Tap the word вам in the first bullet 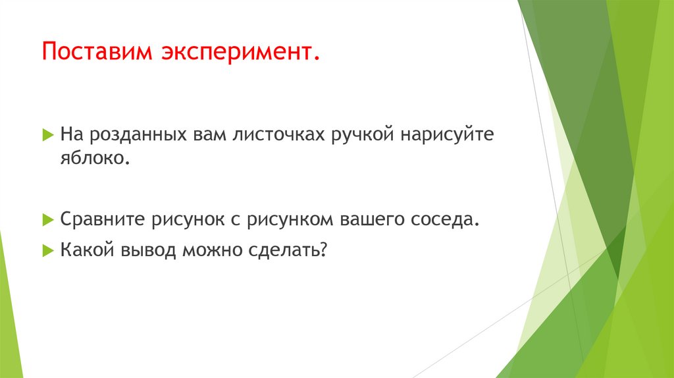208,136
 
